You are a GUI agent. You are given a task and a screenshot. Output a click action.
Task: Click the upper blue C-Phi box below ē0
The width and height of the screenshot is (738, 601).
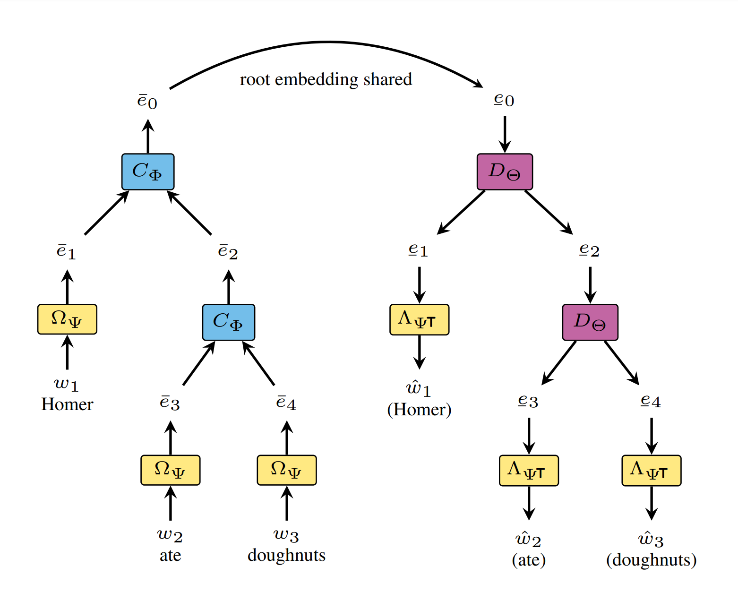(148, 172)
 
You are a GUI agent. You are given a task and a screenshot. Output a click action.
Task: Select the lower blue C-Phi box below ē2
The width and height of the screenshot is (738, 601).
(229, 322)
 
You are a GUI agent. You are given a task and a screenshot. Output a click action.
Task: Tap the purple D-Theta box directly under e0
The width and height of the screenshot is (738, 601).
(505, 172)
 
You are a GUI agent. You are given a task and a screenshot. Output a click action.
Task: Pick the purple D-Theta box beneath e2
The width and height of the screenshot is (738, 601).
(590, 322)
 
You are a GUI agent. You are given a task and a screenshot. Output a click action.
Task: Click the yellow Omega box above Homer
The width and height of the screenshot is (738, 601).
(67, 319)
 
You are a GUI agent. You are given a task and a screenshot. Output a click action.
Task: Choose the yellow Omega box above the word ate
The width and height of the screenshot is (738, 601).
(170, 470)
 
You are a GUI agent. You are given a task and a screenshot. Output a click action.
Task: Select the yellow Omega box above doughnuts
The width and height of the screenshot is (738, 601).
(287, 470)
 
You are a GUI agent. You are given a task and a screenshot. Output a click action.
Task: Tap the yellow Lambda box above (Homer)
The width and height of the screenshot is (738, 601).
(419, 320)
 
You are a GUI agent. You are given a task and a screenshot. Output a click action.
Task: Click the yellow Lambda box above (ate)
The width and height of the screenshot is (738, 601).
(529, 471)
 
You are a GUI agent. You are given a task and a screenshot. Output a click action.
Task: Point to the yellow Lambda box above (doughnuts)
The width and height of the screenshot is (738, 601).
(651, 471)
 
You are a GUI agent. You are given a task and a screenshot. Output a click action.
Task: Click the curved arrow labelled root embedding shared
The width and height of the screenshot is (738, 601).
(326, 43)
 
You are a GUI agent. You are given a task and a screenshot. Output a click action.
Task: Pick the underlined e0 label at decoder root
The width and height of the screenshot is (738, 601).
(504, 100)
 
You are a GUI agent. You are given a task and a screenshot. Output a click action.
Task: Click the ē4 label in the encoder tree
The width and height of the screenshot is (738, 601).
(286, 403)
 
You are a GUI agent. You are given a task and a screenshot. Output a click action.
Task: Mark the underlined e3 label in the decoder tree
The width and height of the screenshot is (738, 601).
(528, 401)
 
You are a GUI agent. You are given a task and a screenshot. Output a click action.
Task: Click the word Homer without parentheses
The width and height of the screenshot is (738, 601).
(67, 404)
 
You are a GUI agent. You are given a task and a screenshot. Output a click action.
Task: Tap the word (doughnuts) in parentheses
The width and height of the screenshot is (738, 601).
(651, 560)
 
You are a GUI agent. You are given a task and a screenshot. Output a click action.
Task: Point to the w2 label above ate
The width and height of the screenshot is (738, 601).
(170, 535)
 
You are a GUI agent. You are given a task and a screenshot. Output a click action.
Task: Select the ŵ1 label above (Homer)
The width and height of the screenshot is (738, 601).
(419, 388)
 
